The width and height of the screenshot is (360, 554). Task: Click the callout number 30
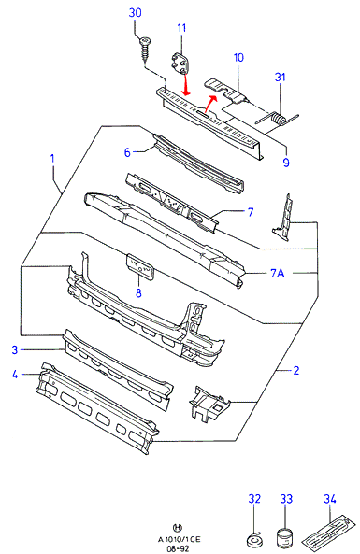pyautogui.click(x=135, y=13)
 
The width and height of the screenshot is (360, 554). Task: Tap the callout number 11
pyautogui.click(x=181, y=28)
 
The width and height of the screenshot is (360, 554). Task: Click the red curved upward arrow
pyautogui.click(x=210, y=103)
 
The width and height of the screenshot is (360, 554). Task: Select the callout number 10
pyautogui.click(x=238, y=57)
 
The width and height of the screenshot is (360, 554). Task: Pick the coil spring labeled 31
pyautogui.click(x=279, y=119)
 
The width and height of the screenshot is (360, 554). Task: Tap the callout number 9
pyautogui.click(x=286, y=163)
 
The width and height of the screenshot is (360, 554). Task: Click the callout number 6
pyautogui.click(x=127, y=152)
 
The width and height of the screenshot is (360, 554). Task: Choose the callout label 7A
pyautogui.click(x=278, y=273)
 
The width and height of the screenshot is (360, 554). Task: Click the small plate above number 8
pyautogui.click(x=140, y=267)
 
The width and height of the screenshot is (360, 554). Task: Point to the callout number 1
pyautogui.click(x=52, y=158)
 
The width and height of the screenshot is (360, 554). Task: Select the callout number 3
pyautogui.click(x=15, y=349)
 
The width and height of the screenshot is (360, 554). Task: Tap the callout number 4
pyautogui.click(x=15, y=375)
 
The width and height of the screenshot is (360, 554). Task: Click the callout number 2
pyautogui.click(x=296, y=370)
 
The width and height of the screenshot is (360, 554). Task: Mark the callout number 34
pyautogui.click(x=329, y=499)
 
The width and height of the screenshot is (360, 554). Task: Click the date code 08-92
pyautogui.click(x=178, y=548)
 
